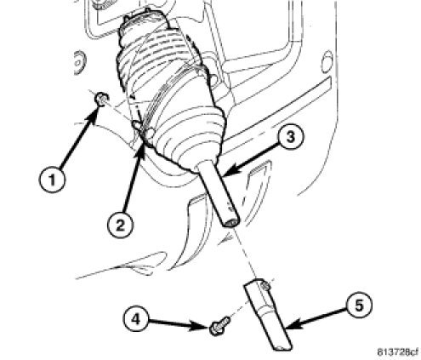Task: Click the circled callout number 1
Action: click(x=52, y=180)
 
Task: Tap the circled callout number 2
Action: click(x=121, y=225)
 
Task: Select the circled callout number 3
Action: click(x=290, y=138)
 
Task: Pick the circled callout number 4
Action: click(x=136, y=319)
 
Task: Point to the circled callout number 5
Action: click(x=359, y=306)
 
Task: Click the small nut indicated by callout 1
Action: click(x=101, y=100)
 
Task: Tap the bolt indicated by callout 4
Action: click(x=219, y=326)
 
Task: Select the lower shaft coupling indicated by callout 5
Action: click(x=266, y=314)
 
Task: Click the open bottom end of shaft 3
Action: click(x=231, y=222)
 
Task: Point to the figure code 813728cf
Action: click(x=397, y=351)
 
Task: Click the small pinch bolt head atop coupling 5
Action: click(x=265, y=284)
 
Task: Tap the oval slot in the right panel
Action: click(x=327, y=61)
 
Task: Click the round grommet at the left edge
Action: click(x=78, y=62)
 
